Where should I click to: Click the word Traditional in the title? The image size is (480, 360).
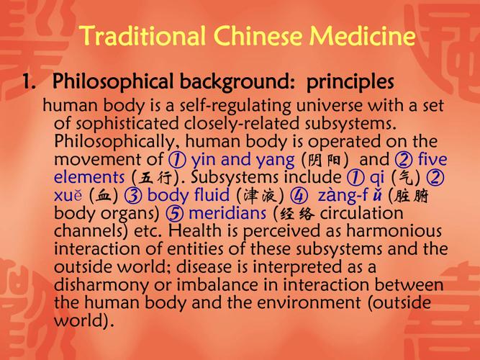(x=142, y=35)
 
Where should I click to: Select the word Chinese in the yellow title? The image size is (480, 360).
(x=258, y=35)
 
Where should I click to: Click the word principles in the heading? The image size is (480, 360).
(x=350, y=82)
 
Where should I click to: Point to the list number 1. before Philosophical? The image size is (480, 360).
(x=29, y=81)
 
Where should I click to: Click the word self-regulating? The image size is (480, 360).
(x=235, y=107)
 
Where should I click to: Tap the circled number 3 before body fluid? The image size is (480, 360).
(x=133, y=196)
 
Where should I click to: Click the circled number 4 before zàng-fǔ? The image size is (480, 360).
(x=299, y=196)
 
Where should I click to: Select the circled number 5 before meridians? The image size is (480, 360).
(x=175, y=214)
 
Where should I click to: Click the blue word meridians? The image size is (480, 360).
(x=227, y=213)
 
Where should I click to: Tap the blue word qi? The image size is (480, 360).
(x=377, y=178)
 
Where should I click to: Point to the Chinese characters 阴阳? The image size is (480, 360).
(x=325, y=160)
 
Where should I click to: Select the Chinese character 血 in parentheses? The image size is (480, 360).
(x=104, y=196)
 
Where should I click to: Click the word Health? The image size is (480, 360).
(x=195, y=230)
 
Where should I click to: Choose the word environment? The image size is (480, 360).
(x=309, y=302)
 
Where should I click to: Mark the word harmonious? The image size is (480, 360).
(x=394, y=231)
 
